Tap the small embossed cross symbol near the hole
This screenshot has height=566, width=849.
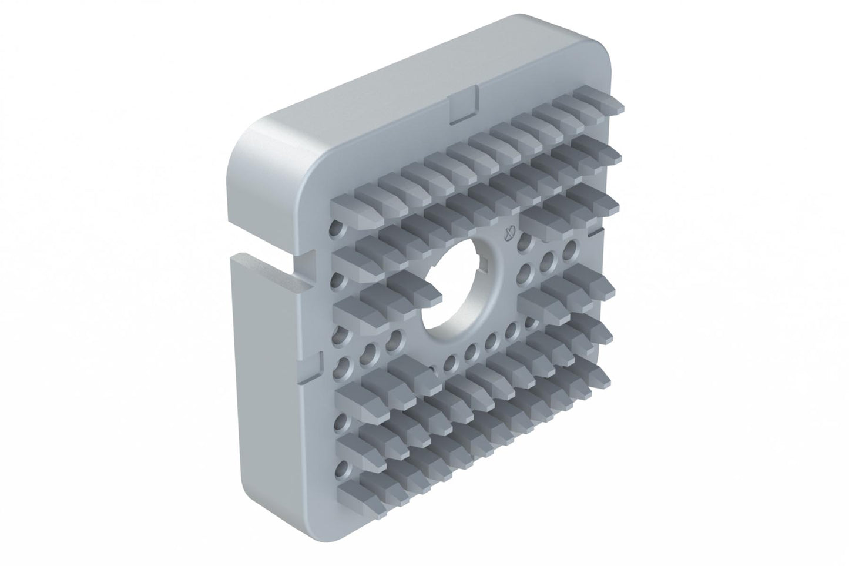510,233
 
